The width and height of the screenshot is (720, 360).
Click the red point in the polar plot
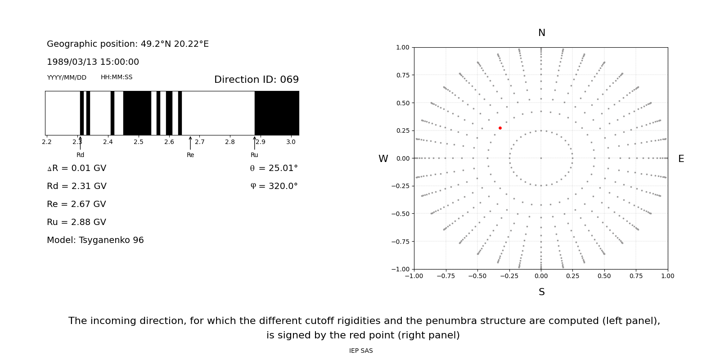(x=500, y=128)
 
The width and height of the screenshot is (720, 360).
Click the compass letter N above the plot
(x=541, y=33)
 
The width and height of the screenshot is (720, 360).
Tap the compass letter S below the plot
(x=541, y=292)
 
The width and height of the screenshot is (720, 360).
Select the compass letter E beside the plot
(x=681, y=159)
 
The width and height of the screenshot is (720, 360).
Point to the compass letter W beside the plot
(x=383, y=159)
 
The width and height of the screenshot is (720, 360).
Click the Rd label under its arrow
(x=80, y=155)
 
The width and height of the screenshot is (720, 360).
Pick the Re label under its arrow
(x=190, y=155)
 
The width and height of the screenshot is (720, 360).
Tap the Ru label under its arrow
(x=254, y=155)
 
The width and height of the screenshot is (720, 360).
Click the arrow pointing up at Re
(x=190, y=143)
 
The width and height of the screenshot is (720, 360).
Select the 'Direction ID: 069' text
(x=256, y=80)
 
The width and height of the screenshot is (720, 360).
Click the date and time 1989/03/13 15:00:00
(x=93, y=62)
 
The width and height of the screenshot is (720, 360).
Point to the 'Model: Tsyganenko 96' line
(x=95, y=240)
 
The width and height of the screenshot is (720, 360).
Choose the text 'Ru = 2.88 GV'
(x=76, y=222)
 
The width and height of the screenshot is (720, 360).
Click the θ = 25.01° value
(x=274, y=168)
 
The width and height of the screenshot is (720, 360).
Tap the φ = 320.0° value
(x=274, y=186)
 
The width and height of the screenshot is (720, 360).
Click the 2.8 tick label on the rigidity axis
(x=230, y=142)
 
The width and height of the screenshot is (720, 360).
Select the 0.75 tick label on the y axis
(x=402, y=75)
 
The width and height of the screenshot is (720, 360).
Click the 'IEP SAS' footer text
(x=361, y=351)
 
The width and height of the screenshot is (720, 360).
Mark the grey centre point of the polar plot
(x=541, y=158)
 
